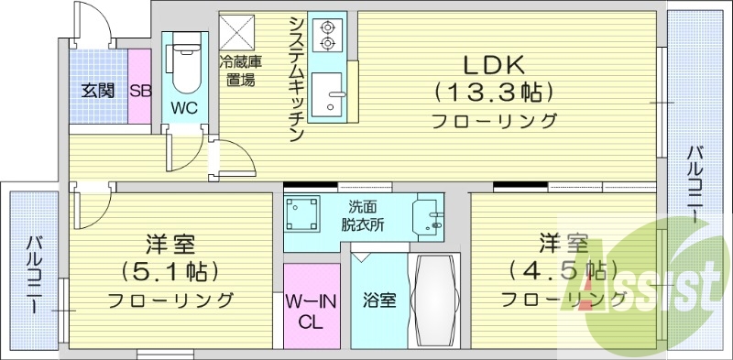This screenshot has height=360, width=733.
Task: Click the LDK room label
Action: coord(492,65)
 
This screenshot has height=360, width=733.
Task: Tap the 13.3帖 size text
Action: coord(492,92)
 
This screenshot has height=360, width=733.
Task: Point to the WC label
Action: coord(185,107)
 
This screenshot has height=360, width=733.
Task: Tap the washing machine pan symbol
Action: coord(302,217)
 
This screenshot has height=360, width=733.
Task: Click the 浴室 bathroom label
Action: coord(378,300)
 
